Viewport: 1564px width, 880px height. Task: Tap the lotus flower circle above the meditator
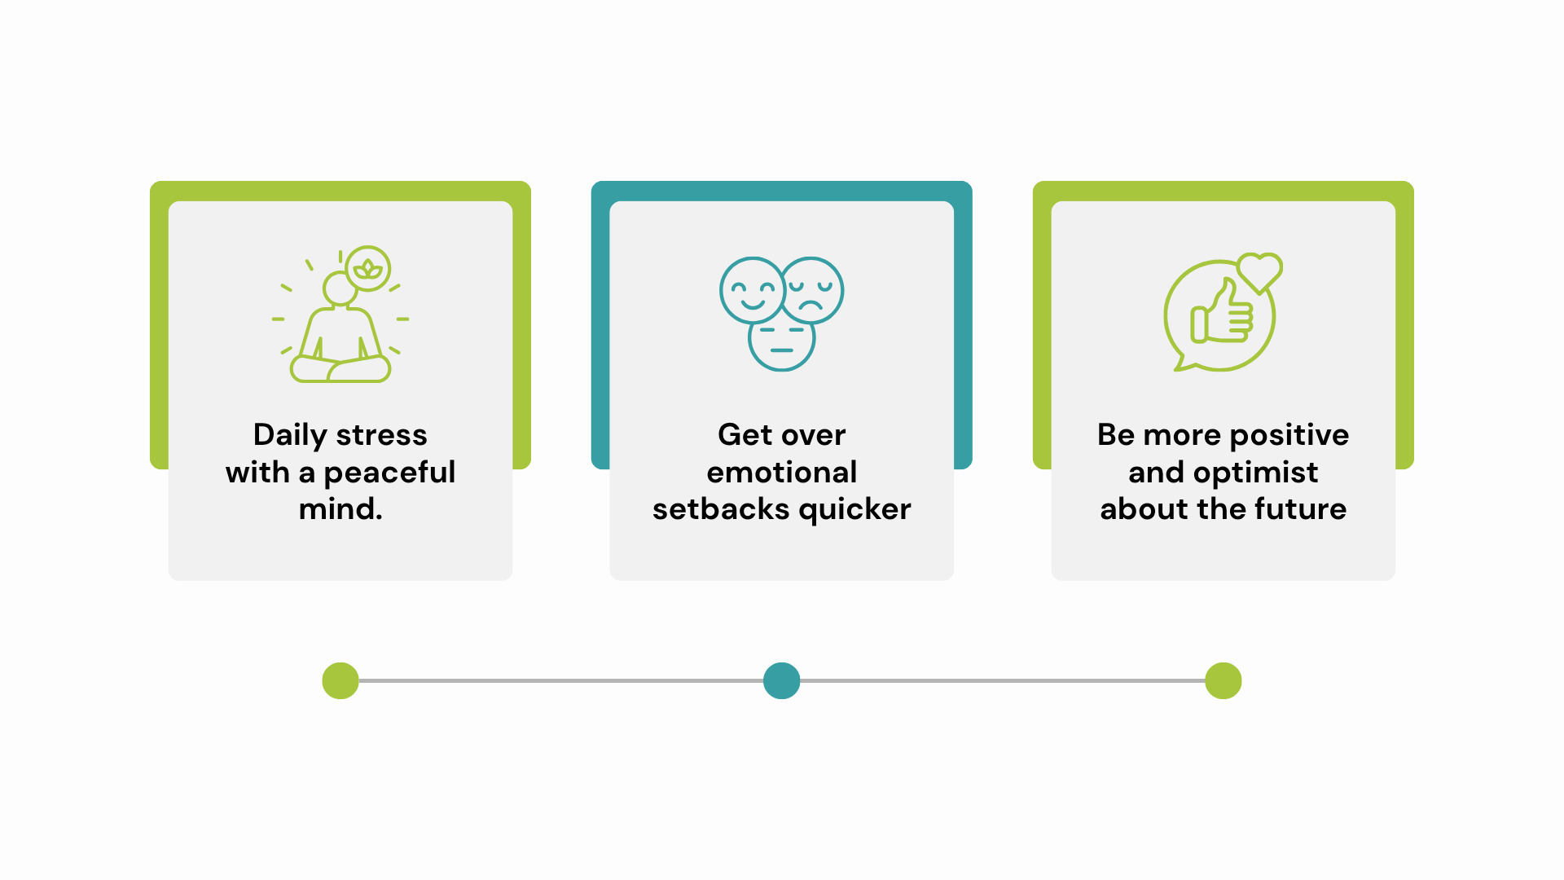368,268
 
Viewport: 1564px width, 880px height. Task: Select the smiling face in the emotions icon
752,290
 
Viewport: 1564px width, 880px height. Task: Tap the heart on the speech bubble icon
1259,272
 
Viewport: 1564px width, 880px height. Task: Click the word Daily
290,436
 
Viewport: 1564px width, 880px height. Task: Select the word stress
381,436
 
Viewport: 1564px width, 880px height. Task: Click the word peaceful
389,473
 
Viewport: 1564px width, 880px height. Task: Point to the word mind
340,509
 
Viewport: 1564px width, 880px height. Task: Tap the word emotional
782,473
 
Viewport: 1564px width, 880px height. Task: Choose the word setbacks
722,509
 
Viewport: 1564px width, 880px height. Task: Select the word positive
1289,436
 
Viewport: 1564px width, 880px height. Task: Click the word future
1300,509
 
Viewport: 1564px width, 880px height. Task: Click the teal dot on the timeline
782,681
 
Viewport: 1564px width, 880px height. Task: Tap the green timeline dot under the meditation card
340,681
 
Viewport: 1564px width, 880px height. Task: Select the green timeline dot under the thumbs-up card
1224,681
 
